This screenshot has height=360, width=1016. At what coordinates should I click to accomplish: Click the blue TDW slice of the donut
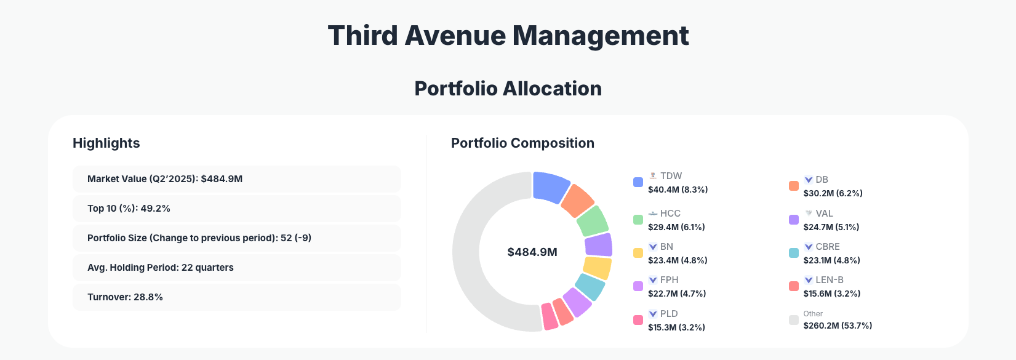(550, 186)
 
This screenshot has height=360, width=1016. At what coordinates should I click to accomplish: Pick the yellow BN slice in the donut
(597, 268)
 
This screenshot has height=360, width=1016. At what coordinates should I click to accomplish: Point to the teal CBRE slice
(590, 287)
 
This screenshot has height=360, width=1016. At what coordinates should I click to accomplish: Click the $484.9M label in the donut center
(532, 252)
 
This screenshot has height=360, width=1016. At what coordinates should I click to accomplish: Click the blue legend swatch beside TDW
(638, 182)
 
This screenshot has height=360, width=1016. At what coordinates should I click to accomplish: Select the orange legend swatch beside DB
(794, 186)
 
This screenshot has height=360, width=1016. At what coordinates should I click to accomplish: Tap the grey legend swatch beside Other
(794, 320)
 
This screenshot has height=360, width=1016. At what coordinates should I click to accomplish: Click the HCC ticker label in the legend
(670, 214)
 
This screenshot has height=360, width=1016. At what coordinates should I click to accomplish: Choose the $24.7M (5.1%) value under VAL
(831, 227)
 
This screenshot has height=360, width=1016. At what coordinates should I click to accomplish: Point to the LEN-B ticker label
(829, 280)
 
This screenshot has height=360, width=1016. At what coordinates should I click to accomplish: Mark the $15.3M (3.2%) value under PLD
(676, 327)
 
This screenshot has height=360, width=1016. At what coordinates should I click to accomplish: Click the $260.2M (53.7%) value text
(838, 326)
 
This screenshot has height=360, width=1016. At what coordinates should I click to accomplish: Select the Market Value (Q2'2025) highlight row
(236, 179)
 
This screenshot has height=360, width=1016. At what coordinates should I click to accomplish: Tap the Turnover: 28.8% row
(236, 297)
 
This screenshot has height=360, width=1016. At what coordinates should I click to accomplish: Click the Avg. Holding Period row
(236, 268)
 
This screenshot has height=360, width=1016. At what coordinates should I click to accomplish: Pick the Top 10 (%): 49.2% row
(236, 209)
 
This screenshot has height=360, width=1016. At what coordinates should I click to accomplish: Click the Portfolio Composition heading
(522, 143)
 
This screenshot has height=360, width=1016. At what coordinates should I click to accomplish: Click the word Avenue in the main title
(455, 36)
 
